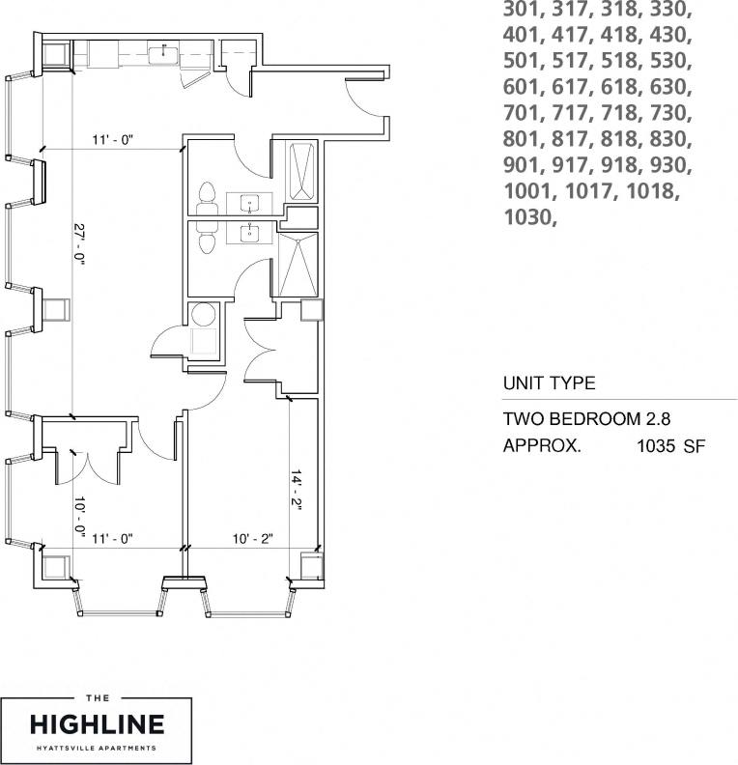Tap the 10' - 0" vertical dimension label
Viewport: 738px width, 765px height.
[x=80, y=518]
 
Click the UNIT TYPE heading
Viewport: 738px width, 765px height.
[x=549, y=383]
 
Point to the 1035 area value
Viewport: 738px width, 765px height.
[x=657, y=447]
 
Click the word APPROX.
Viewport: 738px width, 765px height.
[x=541, y=446]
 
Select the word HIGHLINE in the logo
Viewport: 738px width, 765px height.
[x=97, y=723]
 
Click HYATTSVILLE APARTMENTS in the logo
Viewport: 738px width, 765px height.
[x=97, y=748]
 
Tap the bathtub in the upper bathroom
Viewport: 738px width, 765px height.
[x=302, y=171]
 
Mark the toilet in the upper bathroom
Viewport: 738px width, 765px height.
[x=206, y=199]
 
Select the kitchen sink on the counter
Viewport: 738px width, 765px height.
[x=162, y=53]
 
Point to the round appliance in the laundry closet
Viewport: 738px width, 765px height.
[x=203, y=315]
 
